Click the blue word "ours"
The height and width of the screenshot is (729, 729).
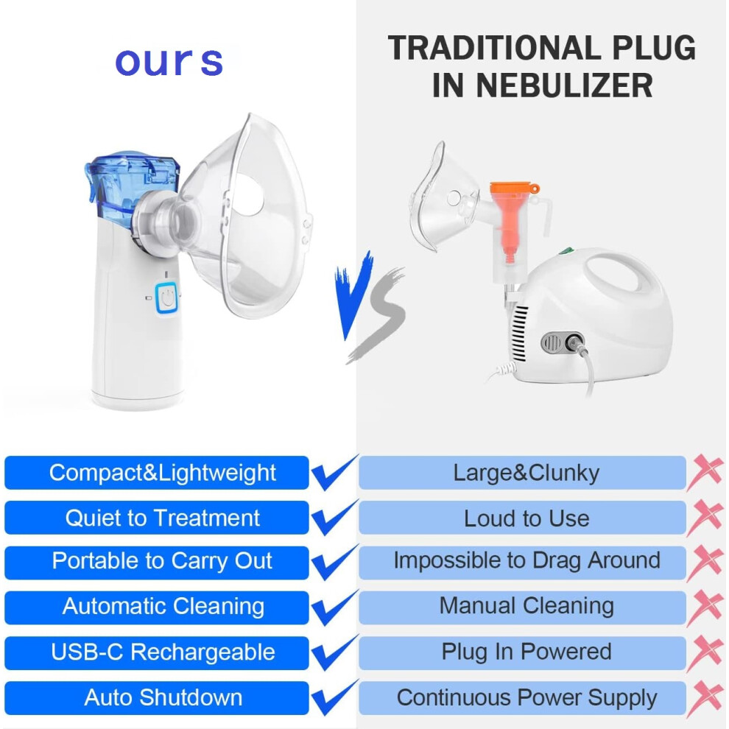tap(169, 61)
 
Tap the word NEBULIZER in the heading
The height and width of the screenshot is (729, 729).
tap(564, 86)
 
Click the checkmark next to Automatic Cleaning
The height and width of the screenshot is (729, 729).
tap(334, 607)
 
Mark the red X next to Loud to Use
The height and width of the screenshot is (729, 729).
tap(705, 517)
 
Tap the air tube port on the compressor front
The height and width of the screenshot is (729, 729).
tap(574, 342)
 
